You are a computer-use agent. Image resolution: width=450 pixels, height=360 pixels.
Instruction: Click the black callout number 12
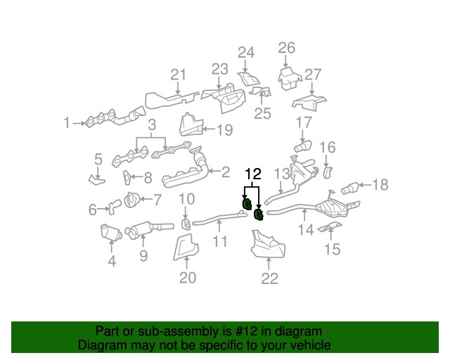[x=253, y=174]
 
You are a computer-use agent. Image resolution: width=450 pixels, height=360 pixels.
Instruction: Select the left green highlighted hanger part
[x=245, y=203]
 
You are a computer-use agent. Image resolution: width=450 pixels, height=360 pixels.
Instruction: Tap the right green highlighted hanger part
[x=259, y=214]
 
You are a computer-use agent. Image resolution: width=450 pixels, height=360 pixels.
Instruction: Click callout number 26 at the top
[x=286, y=48]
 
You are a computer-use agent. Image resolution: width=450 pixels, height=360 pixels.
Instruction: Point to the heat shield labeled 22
[x=268, y=244]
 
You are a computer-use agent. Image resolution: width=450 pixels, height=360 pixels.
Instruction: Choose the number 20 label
[x=188, y=277]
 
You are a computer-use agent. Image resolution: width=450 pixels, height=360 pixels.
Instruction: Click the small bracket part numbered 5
[x=97, y=181]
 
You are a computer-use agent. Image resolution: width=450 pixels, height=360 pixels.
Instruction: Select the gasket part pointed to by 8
[x=127, y=178]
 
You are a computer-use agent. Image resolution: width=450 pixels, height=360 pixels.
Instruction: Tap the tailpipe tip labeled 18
[x=350, y=188]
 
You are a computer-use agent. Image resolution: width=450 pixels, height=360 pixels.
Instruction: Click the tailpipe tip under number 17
[x=303, y=146]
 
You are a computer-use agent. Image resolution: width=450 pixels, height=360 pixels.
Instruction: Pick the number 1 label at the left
[x=67, y=122]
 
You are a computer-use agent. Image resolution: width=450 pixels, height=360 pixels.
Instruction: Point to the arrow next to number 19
[x=209, y=129]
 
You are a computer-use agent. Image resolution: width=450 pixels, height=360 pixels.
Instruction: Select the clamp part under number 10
[x=185, y=224]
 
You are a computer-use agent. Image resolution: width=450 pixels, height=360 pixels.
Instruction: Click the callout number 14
[x=306, y=230]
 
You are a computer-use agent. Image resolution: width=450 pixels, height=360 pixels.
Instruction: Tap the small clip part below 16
[x=328, y=173]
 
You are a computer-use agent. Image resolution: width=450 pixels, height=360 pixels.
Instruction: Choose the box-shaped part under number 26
[x=289, y=78]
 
